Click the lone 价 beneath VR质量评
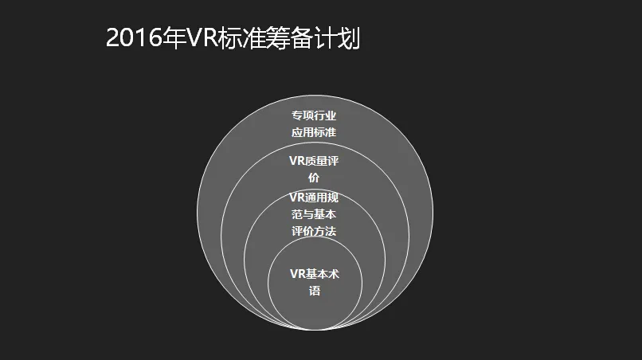(x=314, y=177)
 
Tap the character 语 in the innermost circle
(x=314, y=291)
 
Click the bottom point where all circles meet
(x=315, y=329)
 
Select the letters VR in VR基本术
(x=296, y=274)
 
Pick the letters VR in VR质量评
(x=296, y=160)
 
